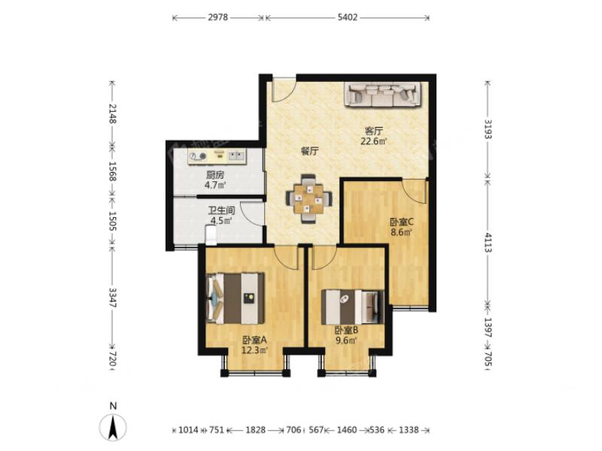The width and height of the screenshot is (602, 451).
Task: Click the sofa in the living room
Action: coord(384,94)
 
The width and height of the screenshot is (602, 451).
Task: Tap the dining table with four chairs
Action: coord(309,198)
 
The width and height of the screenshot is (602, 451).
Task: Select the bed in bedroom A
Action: coord(236,298)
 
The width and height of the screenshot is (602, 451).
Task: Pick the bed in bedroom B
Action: coord(353,307)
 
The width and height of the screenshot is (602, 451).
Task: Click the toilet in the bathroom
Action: coord(211,235)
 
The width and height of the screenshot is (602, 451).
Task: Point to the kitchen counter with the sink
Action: coord(217,156)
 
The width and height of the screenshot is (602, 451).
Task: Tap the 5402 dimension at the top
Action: coord(348,17)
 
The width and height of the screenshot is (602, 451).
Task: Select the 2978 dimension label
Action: coord(217,17)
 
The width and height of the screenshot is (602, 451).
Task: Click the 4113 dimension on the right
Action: coord(488,242)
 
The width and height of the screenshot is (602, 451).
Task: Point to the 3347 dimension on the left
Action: coord(112,298)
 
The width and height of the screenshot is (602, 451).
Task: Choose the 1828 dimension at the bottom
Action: coord(255,430)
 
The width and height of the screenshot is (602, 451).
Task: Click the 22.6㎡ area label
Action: coord(373,141)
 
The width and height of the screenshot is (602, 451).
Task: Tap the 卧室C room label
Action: coord(401,222)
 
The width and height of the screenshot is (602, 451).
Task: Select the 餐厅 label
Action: coord(309,151)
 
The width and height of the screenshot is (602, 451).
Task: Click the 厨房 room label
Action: coord(214,175)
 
